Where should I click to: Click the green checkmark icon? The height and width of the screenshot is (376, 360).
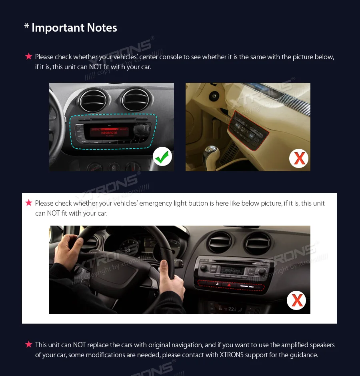162,156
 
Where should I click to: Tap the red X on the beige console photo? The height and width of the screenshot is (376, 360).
299,158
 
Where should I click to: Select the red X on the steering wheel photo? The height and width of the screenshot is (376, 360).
296,300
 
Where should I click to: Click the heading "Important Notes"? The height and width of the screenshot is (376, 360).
74,28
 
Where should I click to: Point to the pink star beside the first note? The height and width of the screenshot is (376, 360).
29,56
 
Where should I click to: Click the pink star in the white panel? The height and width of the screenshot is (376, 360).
29,203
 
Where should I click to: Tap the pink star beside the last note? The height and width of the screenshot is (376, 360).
29,344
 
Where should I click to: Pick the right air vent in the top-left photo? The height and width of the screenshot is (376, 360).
136,100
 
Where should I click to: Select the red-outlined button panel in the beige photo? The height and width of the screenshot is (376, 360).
249,129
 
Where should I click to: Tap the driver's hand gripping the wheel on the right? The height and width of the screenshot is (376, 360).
170,280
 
